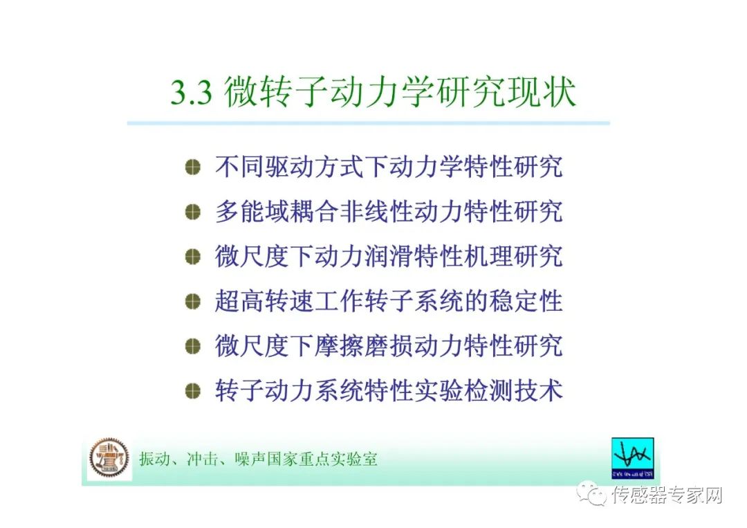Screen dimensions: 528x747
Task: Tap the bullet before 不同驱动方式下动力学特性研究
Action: point(192,167)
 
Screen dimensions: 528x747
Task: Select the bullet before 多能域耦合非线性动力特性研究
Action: point(192,212)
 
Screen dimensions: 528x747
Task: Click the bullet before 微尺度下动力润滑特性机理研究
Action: point(192,257)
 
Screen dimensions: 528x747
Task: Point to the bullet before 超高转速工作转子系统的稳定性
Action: point(192,302)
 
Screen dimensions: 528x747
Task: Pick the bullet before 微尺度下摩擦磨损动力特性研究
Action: point(192,346)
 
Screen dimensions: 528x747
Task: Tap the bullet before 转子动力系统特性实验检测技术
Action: point(192,391)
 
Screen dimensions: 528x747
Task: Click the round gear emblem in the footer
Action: point(109,458)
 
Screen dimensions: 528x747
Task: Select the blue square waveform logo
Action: point(633,458)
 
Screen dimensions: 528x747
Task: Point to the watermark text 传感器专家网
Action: point(667,495)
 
